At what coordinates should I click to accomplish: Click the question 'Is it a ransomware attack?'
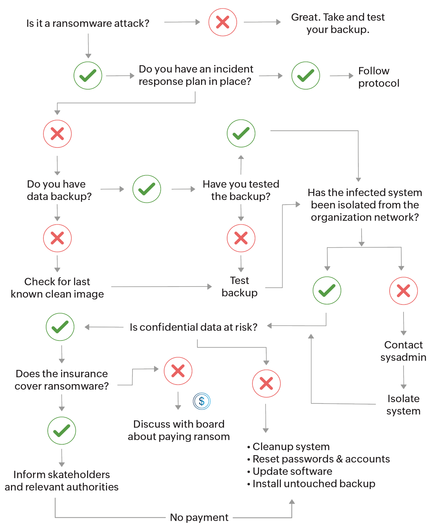(88, 23)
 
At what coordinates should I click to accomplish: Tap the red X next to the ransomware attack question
(223, 22)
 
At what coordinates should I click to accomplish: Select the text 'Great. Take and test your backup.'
(338, 23)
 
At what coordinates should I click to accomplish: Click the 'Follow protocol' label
(378, 77)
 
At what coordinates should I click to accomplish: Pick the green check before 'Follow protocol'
(306, 76)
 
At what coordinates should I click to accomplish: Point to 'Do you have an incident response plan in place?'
(196, 75)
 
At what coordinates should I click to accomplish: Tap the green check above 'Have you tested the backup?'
(241, 133)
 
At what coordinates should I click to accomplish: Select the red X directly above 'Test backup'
(241, 239)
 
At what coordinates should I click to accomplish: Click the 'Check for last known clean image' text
(57, 288)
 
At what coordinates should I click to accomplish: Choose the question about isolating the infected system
(365, 205)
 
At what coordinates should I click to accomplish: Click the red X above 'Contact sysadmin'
(403, 291)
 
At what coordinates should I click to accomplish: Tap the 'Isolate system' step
(403, 405)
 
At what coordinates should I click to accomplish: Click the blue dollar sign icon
(202, 401)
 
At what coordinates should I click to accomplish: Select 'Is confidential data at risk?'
(193, 327)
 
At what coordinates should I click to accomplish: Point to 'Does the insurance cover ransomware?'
(62, 380)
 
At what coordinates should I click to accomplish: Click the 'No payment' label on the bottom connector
(199, 517)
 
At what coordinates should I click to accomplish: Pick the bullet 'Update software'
(292, 471)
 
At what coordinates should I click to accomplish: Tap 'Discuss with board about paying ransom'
(178, 430)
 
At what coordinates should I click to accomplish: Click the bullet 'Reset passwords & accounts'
(321, 459)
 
